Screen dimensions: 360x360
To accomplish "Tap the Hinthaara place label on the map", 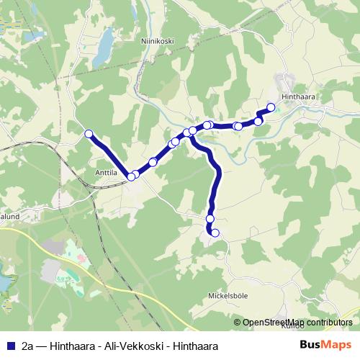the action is pyautogui.click(x=300, y=95).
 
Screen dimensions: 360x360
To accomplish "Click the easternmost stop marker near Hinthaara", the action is pyautogui.click(x=271, y=108).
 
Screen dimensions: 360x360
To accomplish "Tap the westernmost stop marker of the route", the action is pyautogui.click(x=89, y=133).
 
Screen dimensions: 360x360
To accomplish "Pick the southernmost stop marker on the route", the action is pyautogui.click(x=215, y=233).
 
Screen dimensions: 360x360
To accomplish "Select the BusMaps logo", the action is pyautogui.click(x=325, y=345).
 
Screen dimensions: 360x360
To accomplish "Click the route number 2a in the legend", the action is pyautogui.click(x=27, y=346).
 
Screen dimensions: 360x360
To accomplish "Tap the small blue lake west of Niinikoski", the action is pyautogui.click(x=104, y=49).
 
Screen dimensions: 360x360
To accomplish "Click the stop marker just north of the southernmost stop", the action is pyautogui.click(x=210, y=218).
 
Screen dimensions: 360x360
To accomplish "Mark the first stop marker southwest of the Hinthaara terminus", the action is pyautogui.click(x=258, y=121).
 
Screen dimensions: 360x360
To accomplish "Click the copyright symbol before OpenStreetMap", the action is pyautogui.click(x=238, y=323).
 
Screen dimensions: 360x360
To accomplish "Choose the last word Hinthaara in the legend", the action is pyautogui.click(x=193, y=346).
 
